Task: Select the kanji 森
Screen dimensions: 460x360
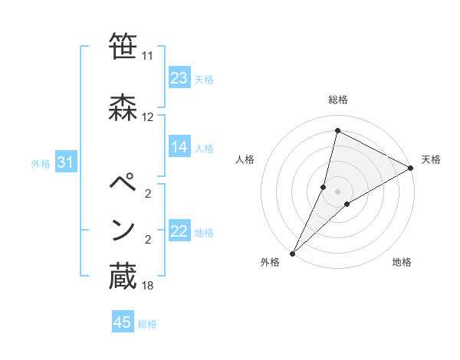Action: (123, 107)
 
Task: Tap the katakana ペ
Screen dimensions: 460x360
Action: (123, 184)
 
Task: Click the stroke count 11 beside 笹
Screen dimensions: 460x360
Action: (148, 55)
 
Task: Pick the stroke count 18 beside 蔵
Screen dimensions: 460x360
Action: (148, 286)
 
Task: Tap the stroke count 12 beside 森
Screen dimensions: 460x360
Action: (148, 117)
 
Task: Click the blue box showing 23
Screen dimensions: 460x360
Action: (179, 77)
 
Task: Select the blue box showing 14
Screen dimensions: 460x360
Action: (179, 147)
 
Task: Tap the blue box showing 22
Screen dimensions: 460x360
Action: (179, 231)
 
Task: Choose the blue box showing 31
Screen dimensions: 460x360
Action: (65, 162)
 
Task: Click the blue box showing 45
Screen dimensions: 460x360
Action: (123, 322)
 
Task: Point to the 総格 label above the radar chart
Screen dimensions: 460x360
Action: (337, 100)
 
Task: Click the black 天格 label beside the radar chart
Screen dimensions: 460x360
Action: (431, 159)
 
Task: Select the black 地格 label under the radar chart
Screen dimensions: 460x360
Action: (402, 262)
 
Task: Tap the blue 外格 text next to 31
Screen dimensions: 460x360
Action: (40, 163)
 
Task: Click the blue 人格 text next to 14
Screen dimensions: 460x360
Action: (204, 148)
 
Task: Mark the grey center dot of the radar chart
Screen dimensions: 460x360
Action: (337, 191)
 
